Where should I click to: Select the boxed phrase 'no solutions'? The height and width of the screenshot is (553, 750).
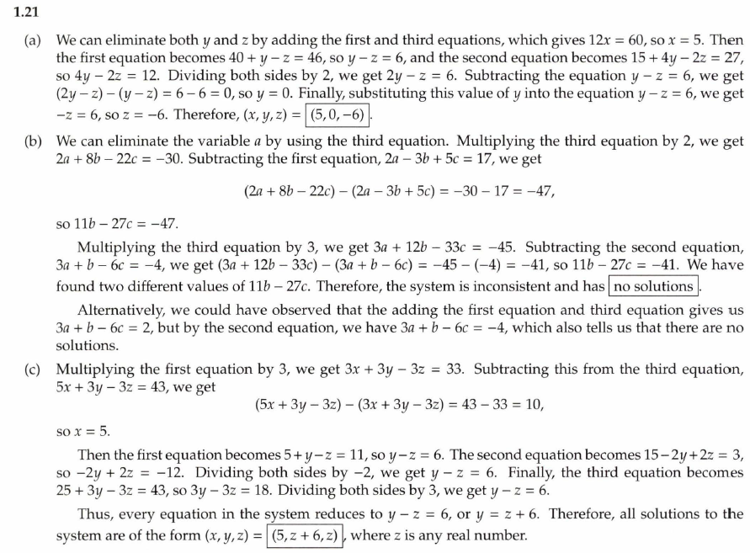pyautogui.click(x=654, y=287)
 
